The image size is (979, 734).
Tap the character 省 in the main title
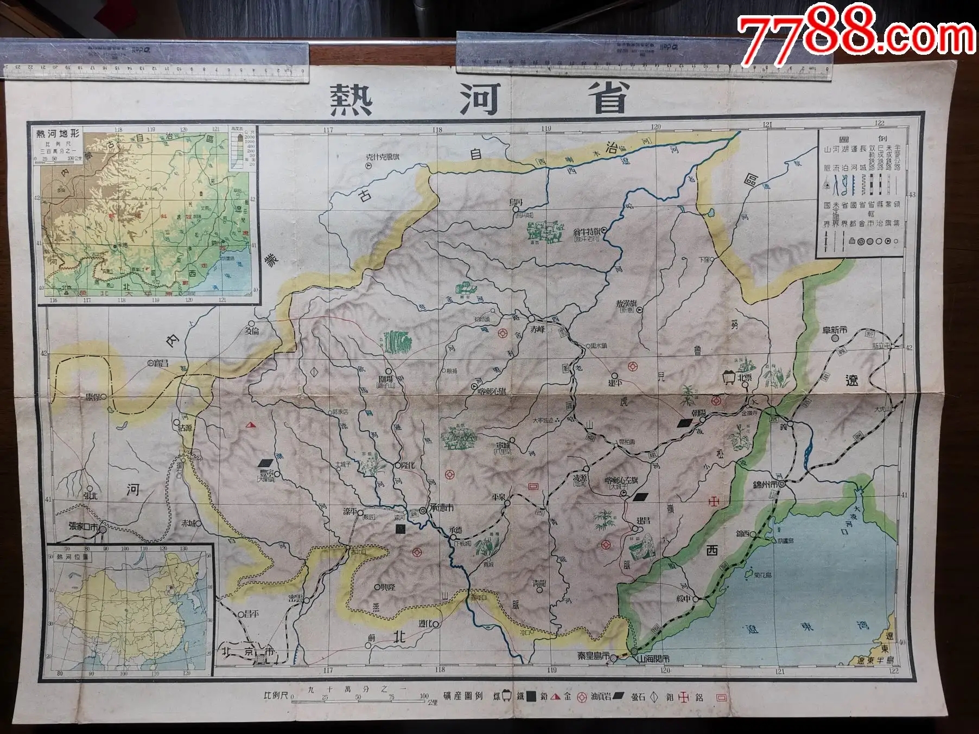point(616,98)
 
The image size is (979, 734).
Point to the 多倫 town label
point(252,330)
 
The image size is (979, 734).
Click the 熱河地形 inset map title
point(58,134)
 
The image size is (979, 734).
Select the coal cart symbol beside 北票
point(727,375)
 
